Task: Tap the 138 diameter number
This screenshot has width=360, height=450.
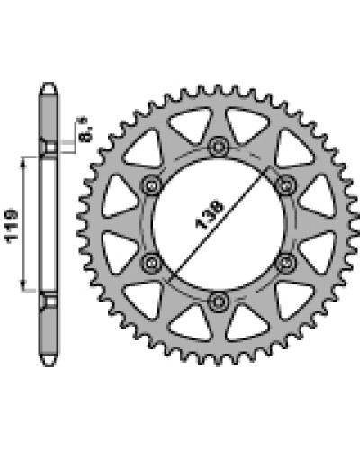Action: tap(210, 215)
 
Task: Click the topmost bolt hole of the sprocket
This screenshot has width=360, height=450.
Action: tap(218, 147)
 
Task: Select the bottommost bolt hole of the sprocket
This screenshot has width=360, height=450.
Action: tap(218, 301)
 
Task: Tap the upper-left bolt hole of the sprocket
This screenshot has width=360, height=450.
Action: tap(151, 186)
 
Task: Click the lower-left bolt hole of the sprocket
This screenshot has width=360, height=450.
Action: tap(151, 263)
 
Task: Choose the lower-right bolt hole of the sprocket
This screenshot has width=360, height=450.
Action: tap(285, 263)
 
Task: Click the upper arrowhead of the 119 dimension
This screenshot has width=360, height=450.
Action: tap(23, 162)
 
